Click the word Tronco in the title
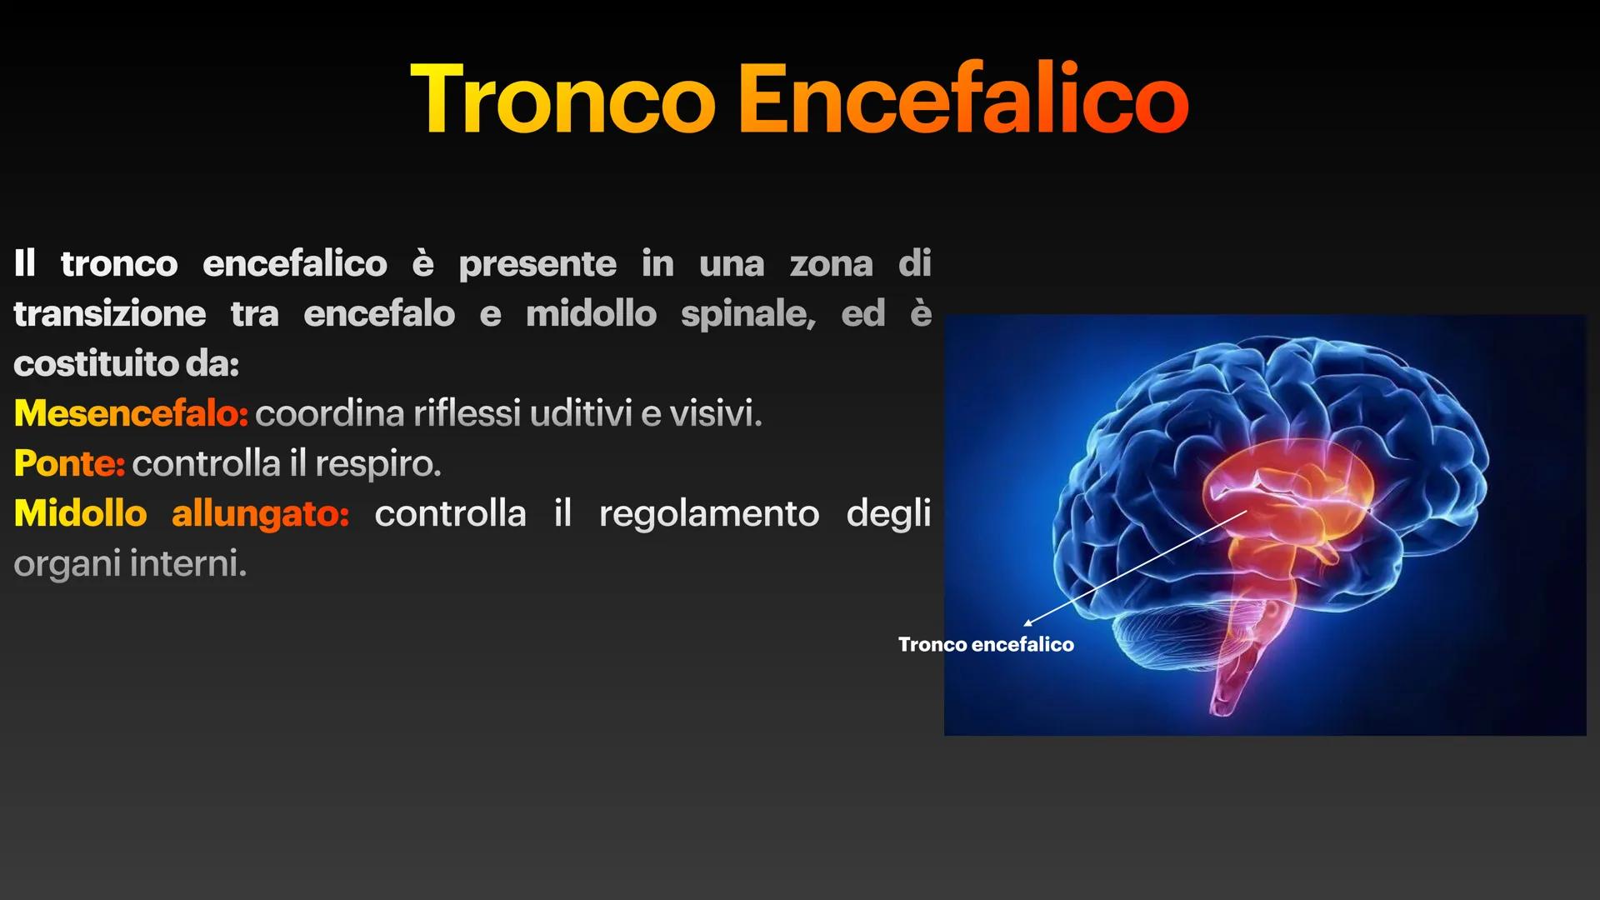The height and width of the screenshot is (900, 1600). pos(563,100)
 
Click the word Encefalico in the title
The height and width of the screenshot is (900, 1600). pos(963,100)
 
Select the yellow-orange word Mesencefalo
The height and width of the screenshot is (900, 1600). pos(131,413)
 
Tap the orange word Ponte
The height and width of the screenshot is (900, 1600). pos(69,463)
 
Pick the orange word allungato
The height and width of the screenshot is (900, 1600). pos(260,514)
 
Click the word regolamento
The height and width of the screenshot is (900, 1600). pos(709,513)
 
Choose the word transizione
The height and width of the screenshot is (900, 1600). pos(109,314)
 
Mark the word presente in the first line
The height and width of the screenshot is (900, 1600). pos(537,264)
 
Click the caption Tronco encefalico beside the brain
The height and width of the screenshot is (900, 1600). pos(986,644)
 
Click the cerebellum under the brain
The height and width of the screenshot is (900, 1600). pos(1167,642)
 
